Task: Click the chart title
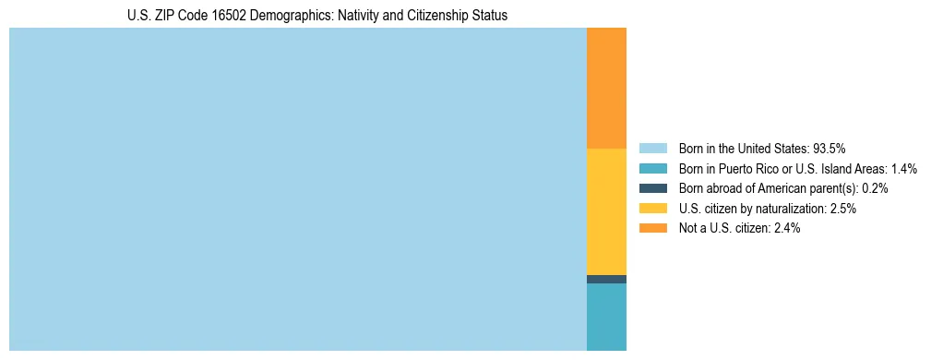317,16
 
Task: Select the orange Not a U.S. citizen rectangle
606,88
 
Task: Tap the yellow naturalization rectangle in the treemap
606,211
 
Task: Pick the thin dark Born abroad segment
606,279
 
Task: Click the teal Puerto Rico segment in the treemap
606,317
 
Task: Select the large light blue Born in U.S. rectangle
297,189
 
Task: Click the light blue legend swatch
652,149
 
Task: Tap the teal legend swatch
652,169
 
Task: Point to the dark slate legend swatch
652,188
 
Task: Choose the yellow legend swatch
652,209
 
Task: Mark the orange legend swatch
652,228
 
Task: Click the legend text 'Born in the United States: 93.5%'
762,149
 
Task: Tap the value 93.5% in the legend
830,149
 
